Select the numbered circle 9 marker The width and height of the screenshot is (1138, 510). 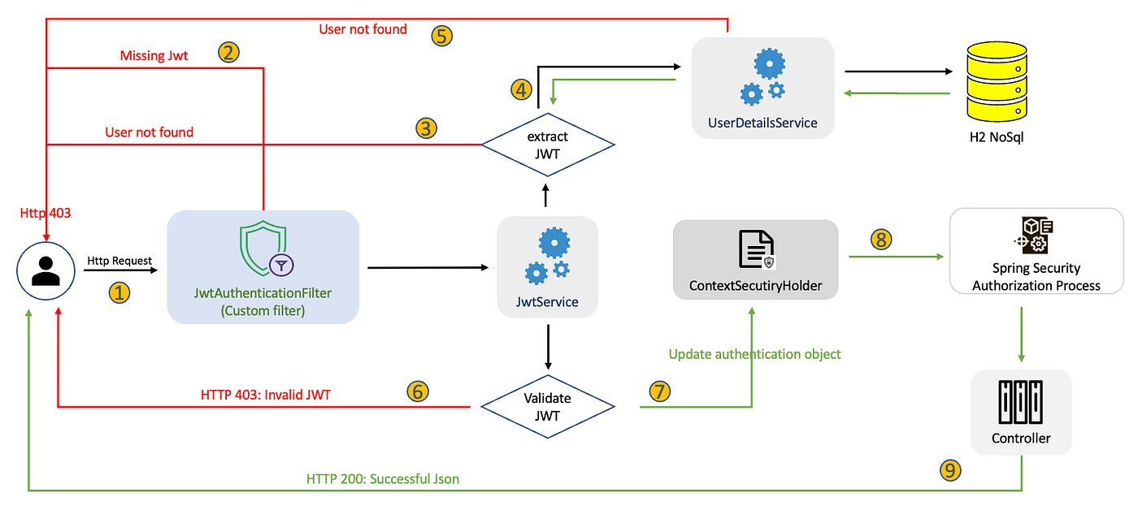[950, 469]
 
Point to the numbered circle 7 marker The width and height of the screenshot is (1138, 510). [660, 391]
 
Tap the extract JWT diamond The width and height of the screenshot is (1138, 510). [547, 145]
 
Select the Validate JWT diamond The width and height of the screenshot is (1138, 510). [547, 405]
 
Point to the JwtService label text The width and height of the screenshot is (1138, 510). [548, 302]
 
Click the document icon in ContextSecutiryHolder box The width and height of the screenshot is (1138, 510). [755, 249]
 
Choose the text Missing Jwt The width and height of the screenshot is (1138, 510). [154, 55]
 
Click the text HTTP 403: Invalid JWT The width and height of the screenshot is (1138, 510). [266, 395]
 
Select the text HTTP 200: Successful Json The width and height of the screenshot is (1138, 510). [382, 478]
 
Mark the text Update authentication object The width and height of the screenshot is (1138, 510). [754, 354]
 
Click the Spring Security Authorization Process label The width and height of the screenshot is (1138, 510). [1036, 276]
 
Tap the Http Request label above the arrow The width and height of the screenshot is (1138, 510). [119, 260]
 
